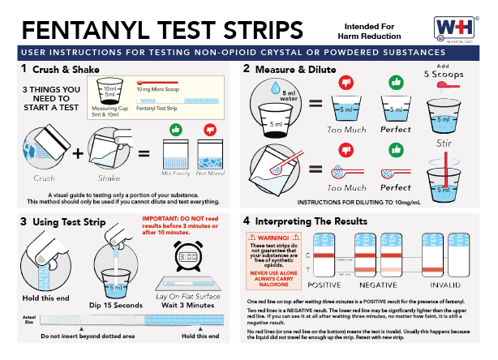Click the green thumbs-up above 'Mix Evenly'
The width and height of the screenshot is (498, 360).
point(175,130)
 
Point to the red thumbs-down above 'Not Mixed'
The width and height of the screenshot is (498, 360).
point(211,130)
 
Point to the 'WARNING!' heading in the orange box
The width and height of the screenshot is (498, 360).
point(273,238)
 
